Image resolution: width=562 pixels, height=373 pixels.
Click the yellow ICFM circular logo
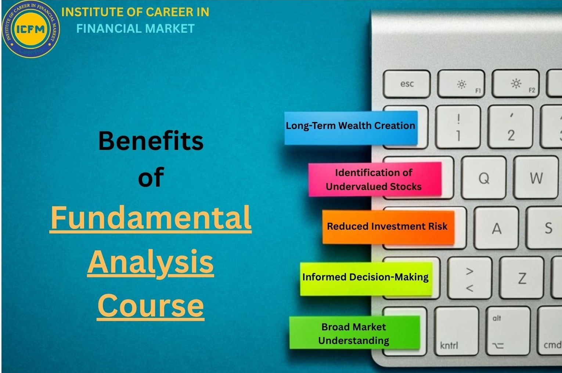click(31, 29)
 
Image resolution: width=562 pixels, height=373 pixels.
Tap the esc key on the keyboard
click(407, 84)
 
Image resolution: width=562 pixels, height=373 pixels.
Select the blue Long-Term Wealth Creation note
click(351, 127)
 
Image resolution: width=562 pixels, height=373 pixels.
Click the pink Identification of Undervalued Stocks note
click(374, 179)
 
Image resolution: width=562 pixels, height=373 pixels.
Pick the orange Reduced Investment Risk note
click(388, 226)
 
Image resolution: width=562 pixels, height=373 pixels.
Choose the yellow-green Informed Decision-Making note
click(365, 278)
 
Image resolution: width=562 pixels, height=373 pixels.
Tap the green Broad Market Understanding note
click(354, 333)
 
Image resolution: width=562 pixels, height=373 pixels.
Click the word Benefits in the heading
click(151, 141)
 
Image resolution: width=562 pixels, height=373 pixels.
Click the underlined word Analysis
click(151, 262)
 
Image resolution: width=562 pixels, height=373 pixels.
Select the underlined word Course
click(151, 305)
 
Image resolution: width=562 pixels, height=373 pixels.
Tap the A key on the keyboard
click(496, 228)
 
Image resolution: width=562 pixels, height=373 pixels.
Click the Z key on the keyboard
click(522, 278)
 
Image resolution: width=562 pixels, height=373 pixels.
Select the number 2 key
click(511, 127)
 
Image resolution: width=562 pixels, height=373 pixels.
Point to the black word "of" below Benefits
click(151, 177)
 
